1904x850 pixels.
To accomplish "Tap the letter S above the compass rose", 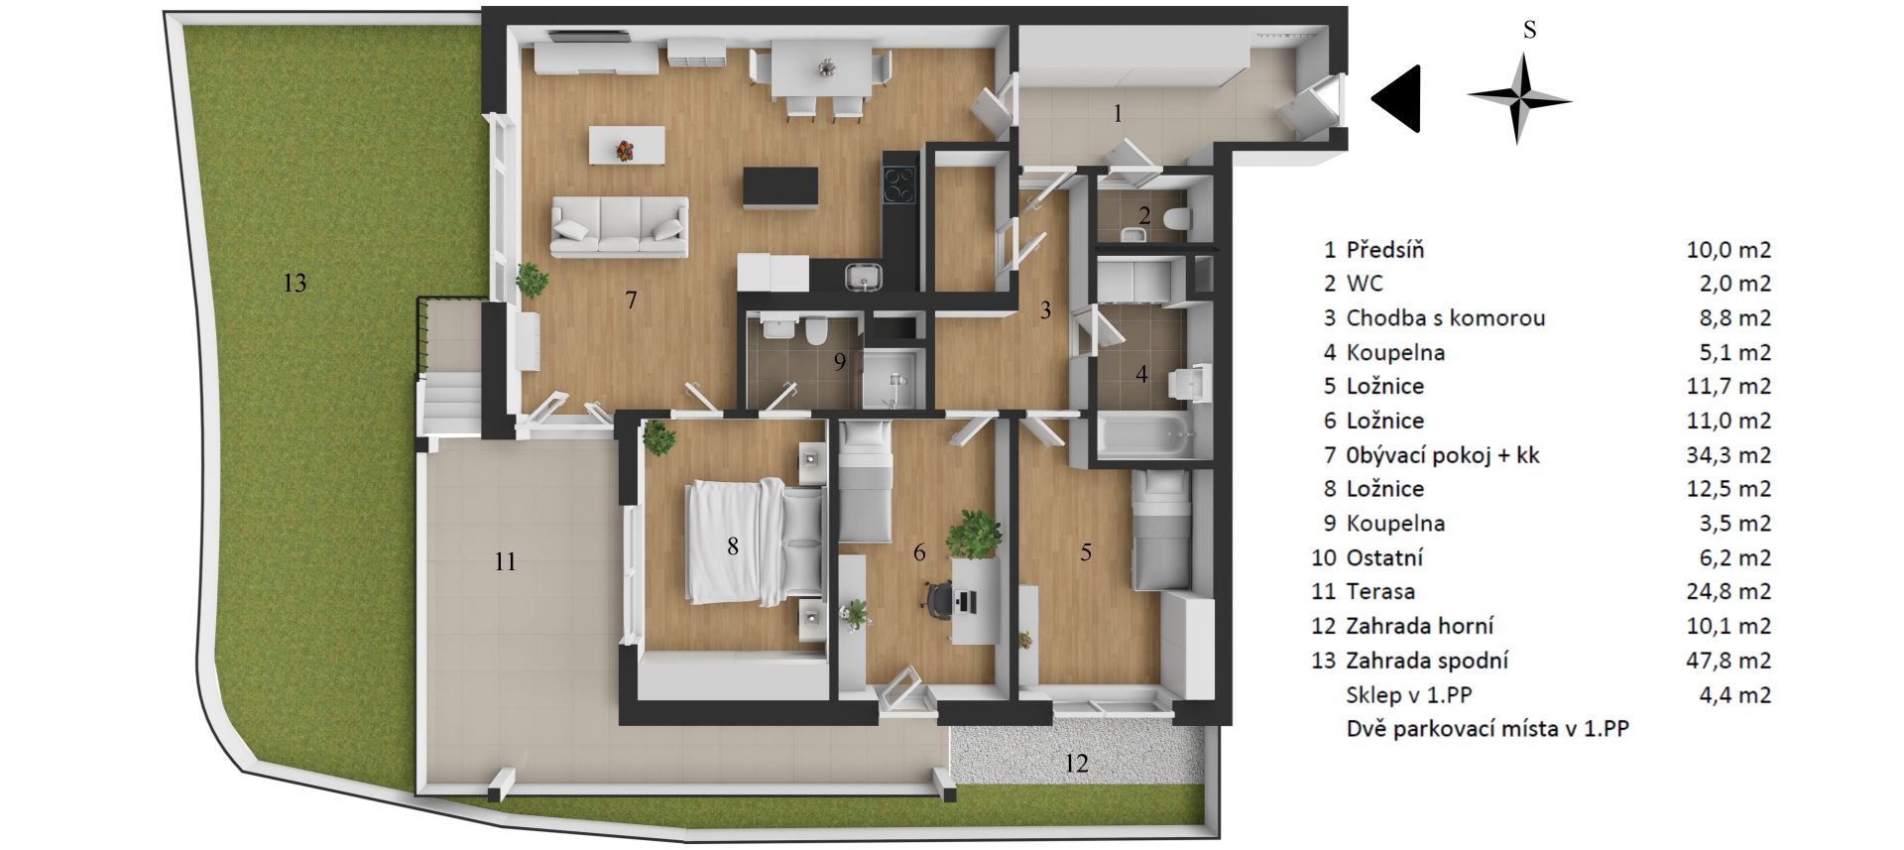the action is click(x=1529, y=31).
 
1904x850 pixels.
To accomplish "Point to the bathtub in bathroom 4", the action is click(x=1145, y=435).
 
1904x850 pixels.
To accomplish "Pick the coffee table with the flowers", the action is click(x=627, y=146).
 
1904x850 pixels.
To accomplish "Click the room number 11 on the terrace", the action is click(x=505, y=562).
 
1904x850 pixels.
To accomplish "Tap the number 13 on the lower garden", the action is click(x=295, y=284).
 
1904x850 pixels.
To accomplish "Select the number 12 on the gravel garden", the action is click(x=1076, y=764).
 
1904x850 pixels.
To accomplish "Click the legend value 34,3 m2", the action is click(x=1728, y=455).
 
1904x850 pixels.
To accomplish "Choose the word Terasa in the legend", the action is click(x=1380, y=592).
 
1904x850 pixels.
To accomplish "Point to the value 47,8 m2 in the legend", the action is click(x=1728, y=661).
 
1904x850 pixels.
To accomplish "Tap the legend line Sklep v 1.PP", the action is click(x=1402, y=695).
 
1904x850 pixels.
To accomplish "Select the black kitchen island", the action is click(x=781, y=188).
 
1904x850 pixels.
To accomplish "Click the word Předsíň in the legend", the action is click(x=1385, y=250).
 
